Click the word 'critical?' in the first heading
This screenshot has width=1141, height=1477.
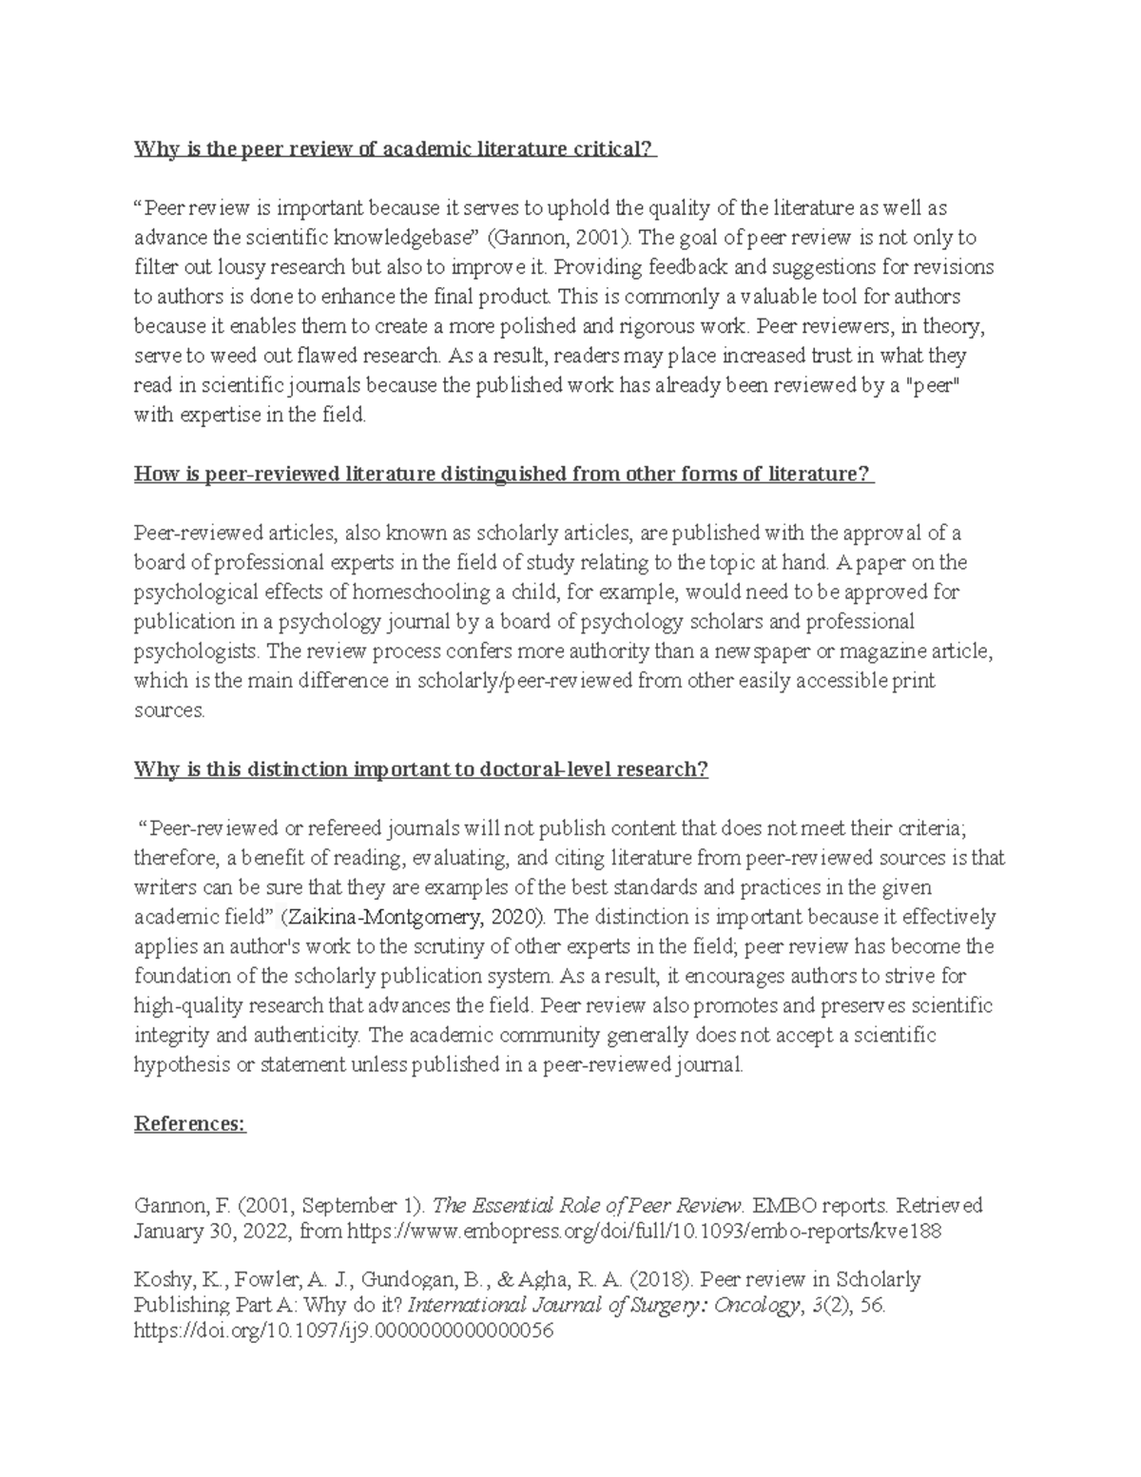[x=614, y=149]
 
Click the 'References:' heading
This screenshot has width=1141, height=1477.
[x=190, y=1124]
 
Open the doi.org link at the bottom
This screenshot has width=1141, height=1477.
[x=343, y=1331]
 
